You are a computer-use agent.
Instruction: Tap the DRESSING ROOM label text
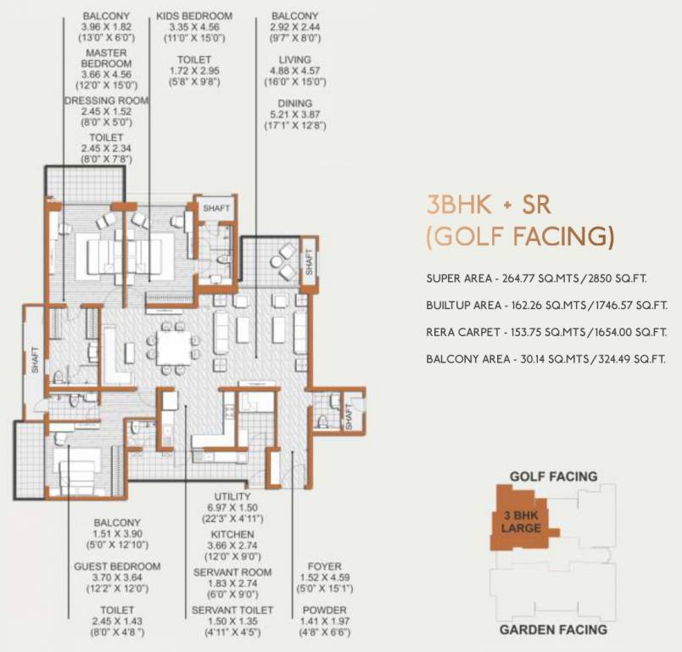click(107, 100)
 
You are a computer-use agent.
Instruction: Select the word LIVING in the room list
click(295, 59)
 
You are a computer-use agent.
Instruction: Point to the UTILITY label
click(232, 497)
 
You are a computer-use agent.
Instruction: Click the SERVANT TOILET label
click(232, 610)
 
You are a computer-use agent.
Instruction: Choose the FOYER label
click(321, 566)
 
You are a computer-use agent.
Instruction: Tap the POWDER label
click(321, 610)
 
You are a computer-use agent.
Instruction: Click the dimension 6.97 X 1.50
click(232, 508)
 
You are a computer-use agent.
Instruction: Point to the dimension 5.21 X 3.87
click(295, 115)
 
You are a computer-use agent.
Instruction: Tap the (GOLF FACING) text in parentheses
click(519, 237)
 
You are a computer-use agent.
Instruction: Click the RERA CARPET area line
click(547, 332)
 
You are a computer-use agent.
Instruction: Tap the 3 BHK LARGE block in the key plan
click(517, 520)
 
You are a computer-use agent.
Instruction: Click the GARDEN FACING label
click(552, 629)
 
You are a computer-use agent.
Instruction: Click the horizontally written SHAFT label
click(217, 207)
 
